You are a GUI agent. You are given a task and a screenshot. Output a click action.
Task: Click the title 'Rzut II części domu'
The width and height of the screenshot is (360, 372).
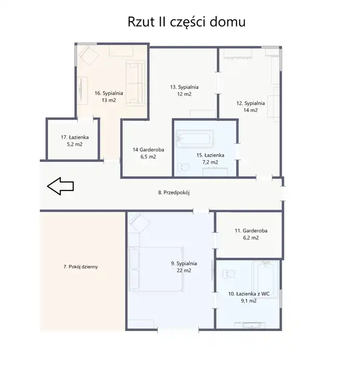(186, 22)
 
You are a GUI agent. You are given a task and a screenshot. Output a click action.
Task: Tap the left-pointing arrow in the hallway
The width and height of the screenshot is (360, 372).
(61, 186)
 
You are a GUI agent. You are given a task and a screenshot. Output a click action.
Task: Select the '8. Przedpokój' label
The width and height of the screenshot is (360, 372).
(174, 192)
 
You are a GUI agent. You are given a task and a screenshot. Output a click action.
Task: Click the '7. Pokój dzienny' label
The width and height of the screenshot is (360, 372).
(80, 266)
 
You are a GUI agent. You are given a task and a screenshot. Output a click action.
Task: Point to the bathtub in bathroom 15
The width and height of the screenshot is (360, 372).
(194, 139)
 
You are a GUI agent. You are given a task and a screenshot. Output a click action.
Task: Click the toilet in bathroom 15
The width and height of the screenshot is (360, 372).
(183, 167)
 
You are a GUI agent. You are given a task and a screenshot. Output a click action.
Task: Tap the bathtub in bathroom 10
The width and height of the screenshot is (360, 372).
(265, 279)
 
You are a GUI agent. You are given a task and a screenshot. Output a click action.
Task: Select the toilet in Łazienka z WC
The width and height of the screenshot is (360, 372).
(229, 274)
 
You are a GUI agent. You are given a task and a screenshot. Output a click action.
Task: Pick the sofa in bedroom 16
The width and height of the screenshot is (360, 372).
(135, 83)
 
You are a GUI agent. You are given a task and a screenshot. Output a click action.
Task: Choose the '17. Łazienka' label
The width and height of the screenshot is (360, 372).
(75, 137)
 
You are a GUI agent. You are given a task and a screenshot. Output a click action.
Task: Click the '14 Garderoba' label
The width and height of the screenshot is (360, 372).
(149, 150)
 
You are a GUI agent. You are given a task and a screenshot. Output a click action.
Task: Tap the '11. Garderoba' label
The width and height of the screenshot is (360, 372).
(251, 231)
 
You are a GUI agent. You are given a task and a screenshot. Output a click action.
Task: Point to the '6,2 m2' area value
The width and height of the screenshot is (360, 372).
(251, 237)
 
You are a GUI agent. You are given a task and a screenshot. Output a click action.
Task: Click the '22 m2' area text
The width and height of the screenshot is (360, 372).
(184, 271)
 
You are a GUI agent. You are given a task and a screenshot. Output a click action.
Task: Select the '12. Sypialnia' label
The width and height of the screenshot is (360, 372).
(251, 103)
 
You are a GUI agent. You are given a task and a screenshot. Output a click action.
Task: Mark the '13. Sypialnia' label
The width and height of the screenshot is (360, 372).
(184, 87)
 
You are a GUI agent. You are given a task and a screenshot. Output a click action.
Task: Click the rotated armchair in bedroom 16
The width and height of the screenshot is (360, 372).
(89, 56)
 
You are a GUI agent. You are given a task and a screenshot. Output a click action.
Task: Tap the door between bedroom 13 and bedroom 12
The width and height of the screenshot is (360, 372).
(218, 83)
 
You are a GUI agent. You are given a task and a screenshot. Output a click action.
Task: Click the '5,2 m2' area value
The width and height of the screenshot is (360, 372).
(75, 144)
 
